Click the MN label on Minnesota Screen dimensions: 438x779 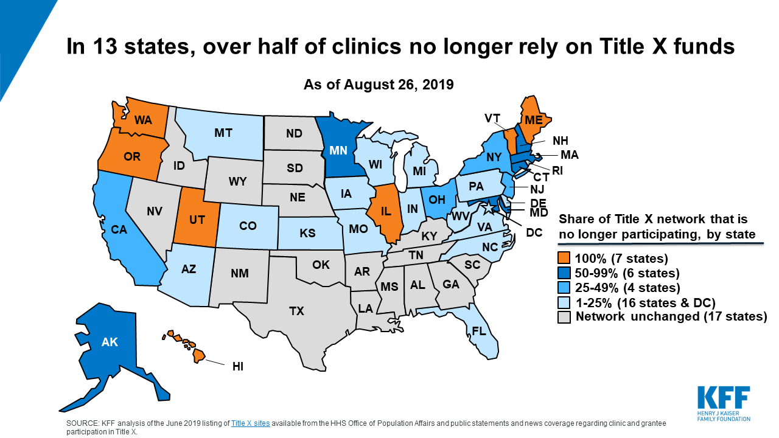[x=338, y=150]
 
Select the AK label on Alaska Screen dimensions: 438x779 [x=110, y=342]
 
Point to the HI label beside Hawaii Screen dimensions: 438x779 [x=239, y=367]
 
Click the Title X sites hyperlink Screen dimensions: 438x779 [x=250, y=423]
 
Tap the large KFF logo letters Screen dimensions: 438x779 [x=724, y=398]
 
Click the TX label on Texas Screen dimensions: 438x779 [x=296, y=311]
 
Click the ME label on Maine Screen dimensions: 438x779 [x=534, y=120]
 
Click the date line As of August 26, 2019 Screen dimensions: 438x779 [x=379, y=84]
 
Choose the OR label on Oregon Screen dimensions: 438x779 [x=132, y=156]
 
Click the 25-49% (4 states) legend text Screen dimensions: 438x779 [x=627, y=287]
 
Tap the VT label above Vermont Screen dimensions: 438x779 [x=493, y=118]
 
